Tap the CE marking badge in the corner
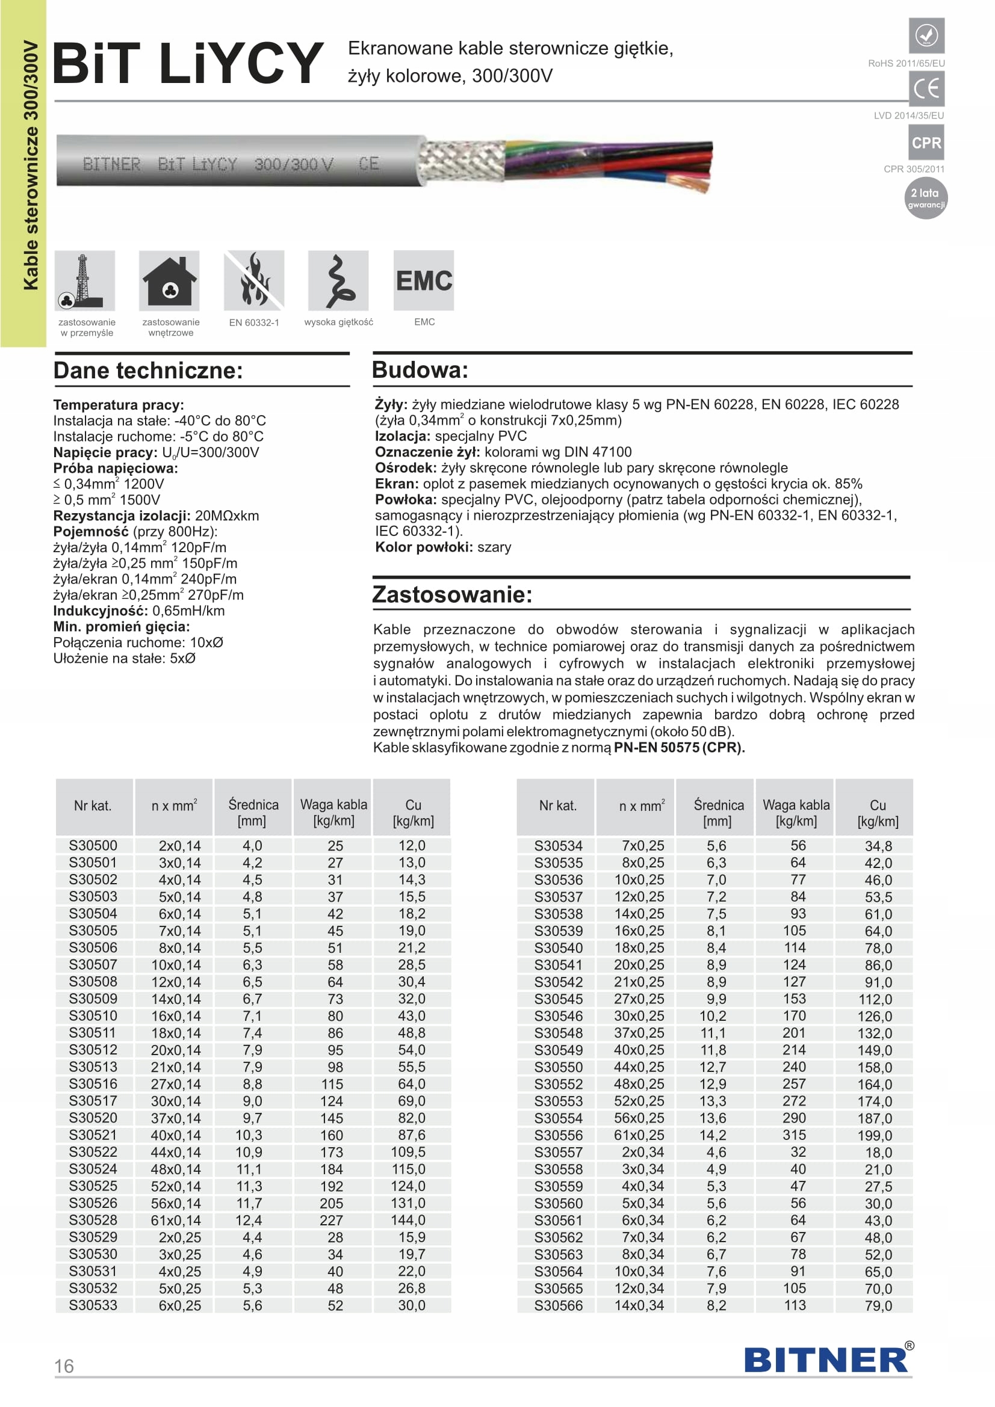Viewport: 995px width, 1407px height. (926, 89)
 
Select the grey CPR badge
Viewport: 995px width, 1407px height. (926, 143)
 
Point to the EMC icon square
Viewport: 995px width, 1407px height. (424, 281)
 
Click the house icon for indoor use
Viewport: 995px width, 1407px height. (169, 281)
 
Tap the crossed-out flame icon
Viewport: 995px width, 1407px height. (254, 281)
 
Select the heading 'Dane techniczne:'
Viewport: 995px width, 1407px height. (148, 371)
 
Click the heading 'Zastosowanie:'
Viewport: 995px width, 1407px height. (453, 594)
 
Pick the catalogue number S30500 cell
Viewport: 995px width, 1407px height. (93, 846)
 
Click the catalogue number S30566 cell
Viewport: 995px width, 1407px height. (558, 1305)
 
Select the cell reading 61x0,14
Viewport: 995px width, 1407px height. (176, 1220)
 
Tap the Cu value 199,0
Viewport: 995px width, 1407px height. (875, 1136)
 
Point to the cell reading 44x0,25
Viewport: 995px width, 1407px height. (639, 1067)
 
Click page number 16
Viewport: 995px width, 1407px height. (64, 1366)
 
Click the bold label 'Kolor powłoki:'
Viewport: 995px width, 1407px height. (424, 547)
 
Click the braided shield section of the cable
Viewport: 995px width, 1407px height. (461, 161)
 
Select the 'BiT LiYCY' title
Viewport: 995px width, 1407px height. (188, 63)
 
